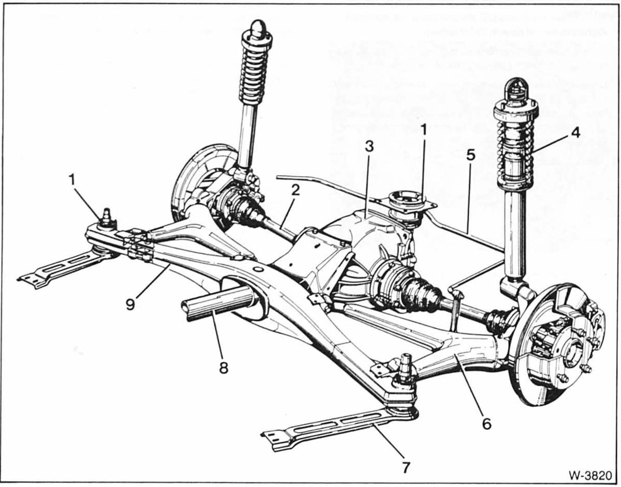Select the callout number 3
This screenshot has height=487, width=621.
[369, 147]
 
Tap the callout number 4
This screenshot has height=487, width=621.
[575, 132]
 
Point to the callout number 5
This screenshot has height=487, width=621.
[471, 155]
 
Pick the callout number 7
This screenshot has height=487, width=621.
[405, 467]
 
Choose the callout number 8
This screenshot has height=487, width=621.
[223, 368]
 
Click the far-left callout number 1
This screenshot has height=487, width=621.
[72, 179]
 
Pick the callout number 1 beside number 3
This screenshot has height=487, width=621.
[423, 131]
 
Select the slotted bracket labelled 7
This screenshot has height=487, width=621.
[325, 426]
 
